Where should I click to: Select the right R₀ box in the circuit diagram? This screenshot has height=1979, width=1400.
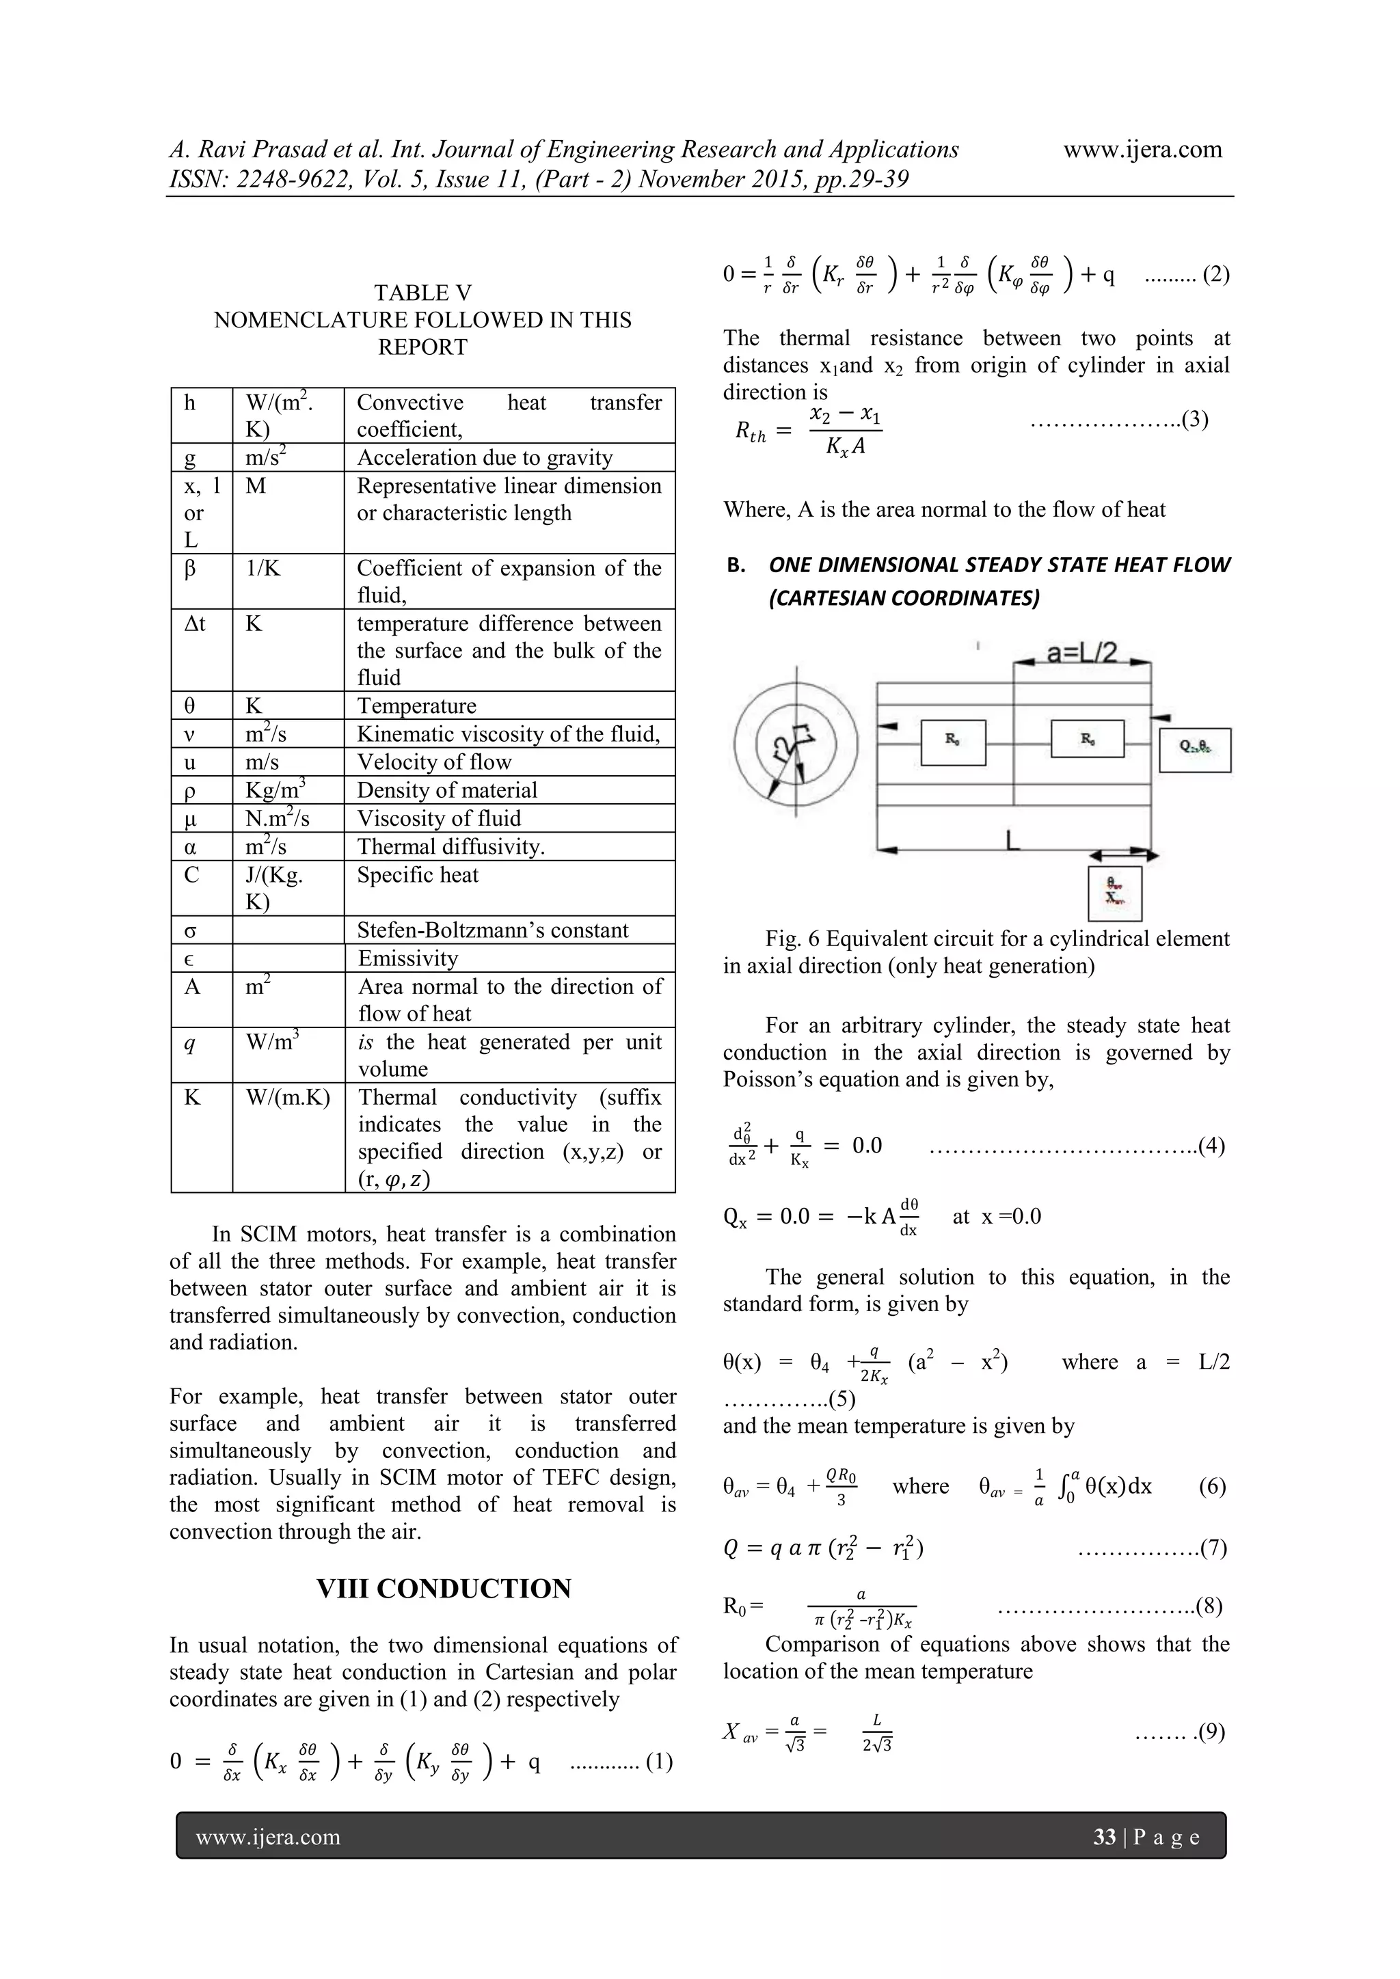(x=1087, y=740)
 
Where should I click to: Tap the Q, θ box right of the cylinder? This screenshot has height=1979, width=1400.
(x=1195, y=750)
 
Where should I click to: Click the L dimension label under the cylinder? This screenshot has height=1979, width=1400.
(x=1014, y=839)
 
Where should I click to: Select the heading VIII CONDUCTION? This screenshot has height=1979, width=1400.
(x=443, y=1589)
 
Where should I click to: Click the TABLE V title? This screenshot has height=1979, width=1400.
(x=422, y=293)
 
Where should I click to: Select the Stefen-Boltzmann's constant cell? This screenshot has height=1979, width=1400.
(x=492, y=930)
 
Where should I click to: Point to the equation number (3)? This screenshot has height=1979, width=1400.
(x=1195, y=420)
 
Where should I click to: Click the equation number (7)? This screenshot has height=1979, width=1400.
(x=1213, y=1548)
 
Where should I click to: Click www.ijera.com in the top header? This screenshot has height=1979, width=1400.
(x=1142, y=149)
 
